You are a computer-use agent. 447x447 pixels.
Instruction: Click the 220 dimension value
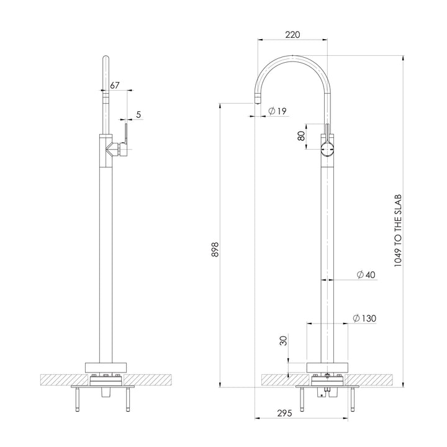[x=293, y=35]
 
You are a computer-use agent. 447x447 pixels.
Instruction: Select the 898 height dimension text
[x=215, y=249]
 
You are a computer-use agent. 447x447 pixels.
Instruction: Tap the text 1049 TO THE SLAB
[x=398, y=230]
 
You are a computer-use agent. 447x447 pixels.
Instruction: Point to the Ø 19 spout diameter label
[x=277, y=111]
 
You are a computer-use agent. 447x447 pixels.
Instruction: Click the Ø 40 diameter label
[x=366, y=275]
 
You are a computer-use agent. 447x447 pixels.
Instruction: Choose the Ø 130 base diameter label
[x=364, y=318]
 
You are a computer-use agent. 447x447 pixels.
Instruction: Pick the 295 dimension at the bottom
[x=284, y=413]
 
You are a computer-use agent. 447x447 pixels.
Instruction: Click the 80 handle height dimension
[x=301, y=136]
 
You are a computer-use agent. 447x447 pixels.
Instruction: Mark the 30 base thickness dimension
[x=283, y=341]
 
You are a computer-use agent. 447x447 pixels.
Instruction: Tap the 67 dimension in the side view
[x=115, y=85]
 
